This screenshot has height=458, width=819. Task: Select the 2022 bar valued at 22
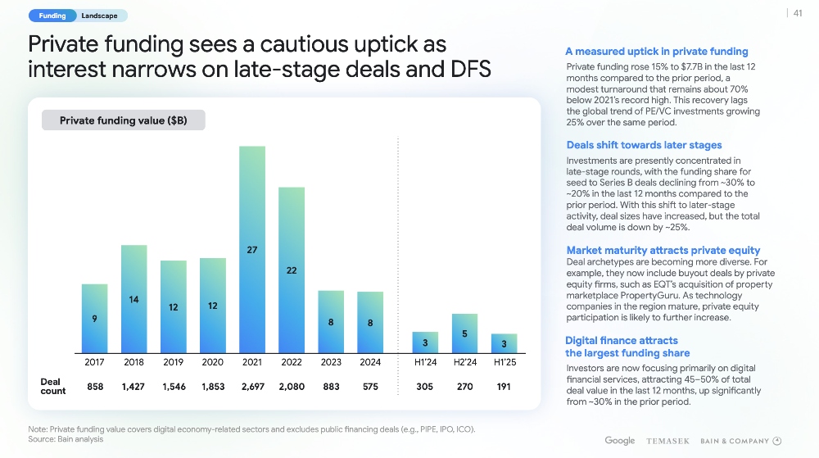click(x=292, y=270)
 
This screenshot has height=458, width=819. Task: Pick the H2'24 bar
click(x=464, y=333)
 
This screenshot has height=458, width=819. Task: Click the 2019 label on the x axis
click(x=173, y=361)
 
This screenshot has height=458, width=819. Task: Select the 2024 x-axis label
click(x=370, y=361)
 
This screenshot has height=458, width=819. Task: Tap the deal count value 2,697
click(x=251, y=387)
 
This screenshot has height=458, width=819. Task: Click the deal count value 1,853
click(x=212, y=387)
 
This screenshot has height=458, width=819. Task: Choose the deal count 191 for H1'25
click(x=504, y=387)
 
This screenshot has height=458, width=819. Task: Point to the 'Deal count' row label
click(x=53, y=387)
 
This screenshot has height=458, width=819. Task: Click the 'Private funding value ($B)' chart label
click(x=124, y=121)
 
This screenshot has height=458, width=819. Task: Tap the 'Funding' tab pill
click(x=52, y=16)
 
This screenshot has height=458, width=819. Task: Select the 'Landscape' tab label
click(x=100, y=16)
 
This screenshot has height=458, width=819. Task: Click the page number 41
click(x=797, y=12)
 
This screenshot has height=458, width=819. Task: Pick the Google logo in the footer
click(x=620, y=441)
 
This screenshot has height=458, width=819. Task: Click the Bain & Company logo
click(x=740, y=442)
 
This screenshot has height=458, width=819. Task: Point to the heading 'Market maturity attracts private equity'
click(x=663, y=250)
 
